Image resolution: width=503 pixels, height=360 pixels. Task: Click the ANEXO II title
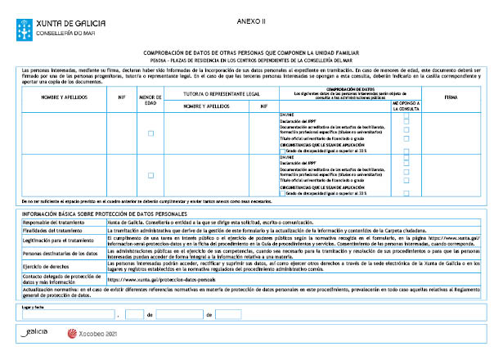(256, 18)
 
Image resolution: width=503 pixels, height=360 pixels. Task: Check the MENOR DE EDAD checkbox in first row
(150, 133)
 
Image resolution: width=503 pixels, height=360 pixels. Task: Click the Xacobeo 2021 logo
(97, 334)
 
